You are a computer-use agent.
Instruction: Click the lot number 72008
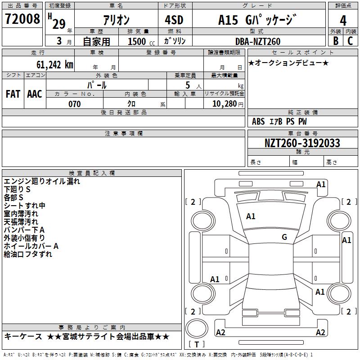(22, 19)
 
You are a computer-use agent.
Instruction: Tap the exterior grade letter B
(335, 40)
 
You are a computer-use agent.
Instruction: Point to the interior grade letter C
(350, 40)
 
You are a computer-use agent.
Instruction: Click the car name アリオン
(116, 20)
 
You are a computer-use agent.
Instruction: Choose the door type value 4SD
(175, 20)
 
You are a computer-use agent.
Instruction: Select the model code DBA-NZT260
(258, 41)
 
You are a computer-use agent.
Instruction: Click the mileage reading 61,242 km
(50, 64)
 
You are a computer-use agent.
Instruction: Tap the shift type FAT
(13, 94)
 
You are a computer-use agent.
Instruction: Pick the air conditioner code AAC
(34, 94)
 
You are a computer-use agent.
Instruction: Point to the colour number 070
(74, 104)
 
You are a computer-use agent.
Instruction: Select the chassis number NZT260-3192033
(302, 143)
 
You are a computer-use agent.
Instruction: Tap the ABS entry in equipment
(258, 121)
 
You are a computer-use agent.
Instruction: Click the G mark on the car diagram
(284, 237)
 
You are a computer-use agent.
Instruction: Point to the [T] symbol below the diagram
(197, 344)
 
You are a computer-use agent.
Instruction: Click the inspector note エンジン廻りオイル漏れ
(42, 181)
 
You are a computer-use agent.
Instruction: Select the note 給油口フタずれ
(28, 254)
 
